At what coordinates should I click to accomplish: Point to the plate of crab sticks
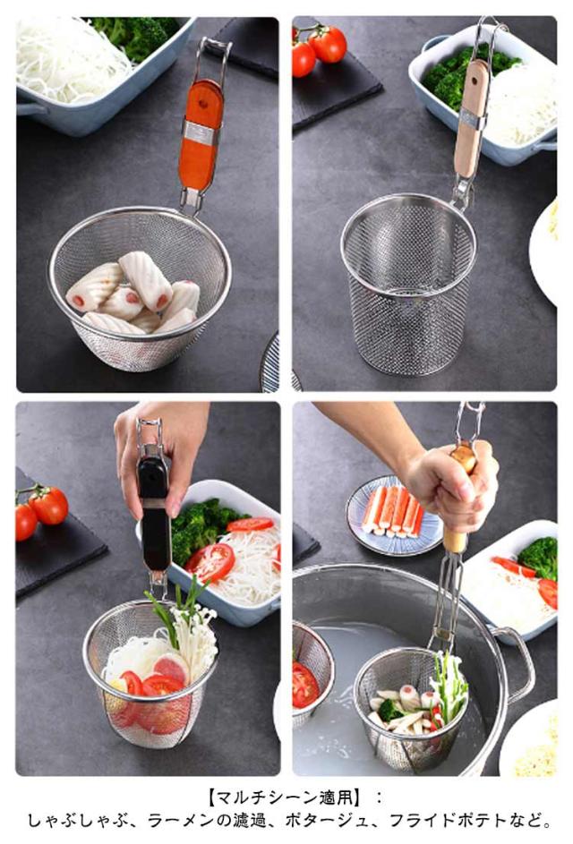coord(393,515)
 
